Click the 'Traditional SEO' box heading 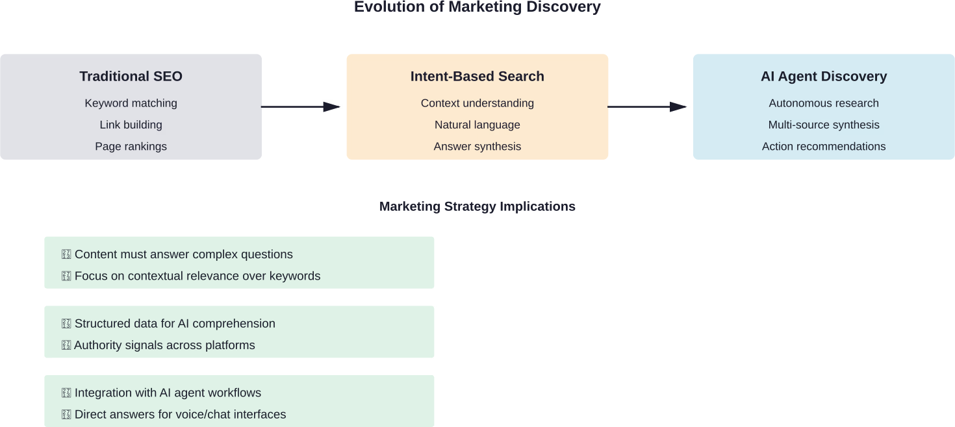[x=131, y=77]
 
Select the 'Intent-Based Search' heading [x=477, y=77]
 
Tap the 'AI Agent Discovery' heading [x=823, y=77]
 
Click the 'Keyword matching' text [x=131, y=103]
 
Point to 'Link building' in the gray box [x=131, y=125]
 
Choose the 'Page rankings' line [x=131, y=147]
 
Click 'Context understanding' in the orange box [x=477, y=103]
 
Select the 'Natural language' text [x=477, y=125]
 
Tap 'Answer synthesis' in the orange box [x=477, y=147]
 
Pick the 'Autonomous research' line [x=823, y=103]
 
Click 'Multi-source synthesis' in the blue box [x=823, y=125]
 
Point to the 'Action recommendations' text [x=823, y=147]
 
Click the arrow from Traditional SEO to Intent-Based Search [x=302, y=106]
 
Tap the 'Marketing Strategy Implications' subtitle [x=477, y=206]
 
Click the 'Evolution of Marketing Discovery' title [x=477, y=7]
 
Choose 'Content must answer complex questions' [x=183, y=254]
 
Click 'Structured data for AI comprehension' [x=175, y=324]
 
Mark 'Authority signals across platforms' [x=164, y=345]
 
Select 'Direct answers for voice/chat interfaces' [x=180, y=415]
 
